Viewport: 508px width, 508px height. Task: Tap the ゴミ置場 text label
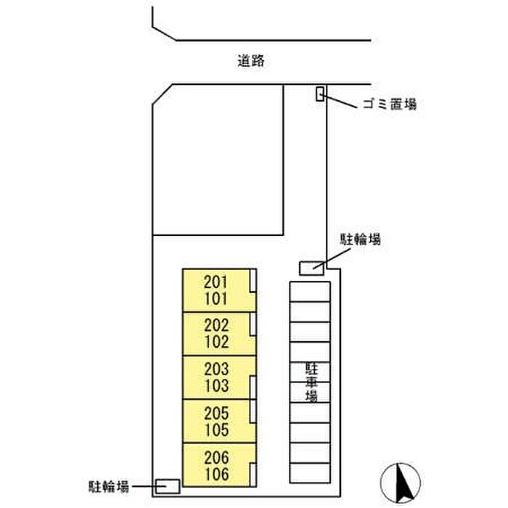pyautogui.click(x=389, y=105)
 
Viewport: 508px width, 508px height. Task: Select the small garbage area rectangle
pyautogui.click(x=319, y=94)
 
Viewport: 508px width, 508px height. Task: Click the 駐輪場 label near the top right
pyautogui.click(x=361, y=239)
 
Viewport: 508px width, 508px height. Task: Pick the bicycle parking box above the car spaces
pyautogui.click(x=312, y=267)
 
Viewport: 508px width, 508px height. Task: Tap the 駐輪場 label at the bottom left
pyautogui.click(x=106, y=486)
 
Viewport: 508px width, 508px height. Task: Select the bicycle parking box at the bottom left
pyautogui.click(x=168, y=486)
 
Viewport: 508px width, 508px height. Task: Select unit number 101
pyautogui.click(x=216, y=298)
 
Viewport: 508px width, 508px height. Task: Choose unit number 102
pyautogui.click(x=216, y=342)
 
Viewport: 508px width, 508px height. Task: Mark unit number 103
pyautogui.click(x=216, y=385)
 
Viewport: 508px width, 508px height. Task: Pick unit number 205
pyautogui.click(x=216, y=413)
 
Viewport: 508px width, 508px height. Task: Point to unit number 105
pyautogui.click(x=216, y=429)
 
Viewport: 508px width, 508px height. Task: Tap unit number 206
pyautogui.click(x=216, y=458)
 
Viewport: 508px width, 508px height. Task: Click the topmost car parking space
pyautogui.click(x=310, y=292)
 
